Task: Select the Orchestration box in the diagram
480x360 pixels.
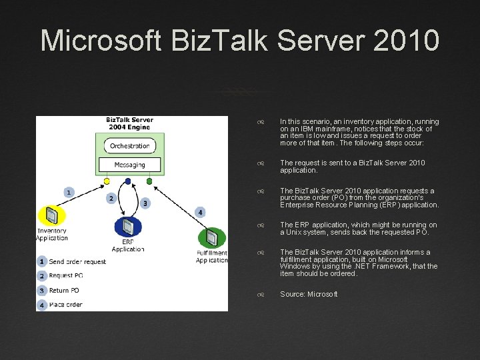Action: pyautogui.click(x=130, y=145)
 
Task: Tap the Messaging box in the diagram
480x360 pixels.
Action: pyautogui.click(x=130, y=164)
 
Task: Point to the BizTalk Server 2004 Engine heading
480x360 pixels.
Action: pyautogui.click(x=130, y=124)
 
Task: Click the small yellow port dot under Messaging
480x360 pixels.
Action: pyautogui.click(x=107, y=181)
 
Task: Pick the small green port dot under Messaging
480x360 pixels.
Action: pyautogui.click(x=149, y=181)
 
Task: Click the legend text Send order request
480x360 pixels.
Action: pyautogui.click(x=77, y=262)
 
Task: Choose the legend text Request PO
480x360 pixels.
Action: pyautogui.click(x=66, y=276)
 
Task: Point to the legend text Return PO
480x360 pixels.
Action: pyautogui.click(x=64, y=291)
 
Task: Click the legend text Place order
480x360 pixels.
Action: pyautogui.click(x=65, y=305)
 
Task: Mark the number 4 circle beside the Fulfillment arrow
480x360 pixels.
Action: pyautogui.click(x=200, y=212)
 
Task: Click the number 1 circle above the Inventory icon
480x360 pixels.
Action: pyautogui.click(x=68, y=192)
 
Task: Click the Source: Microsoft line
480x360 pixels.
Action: pyautogui.click(x=309, y=294)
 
